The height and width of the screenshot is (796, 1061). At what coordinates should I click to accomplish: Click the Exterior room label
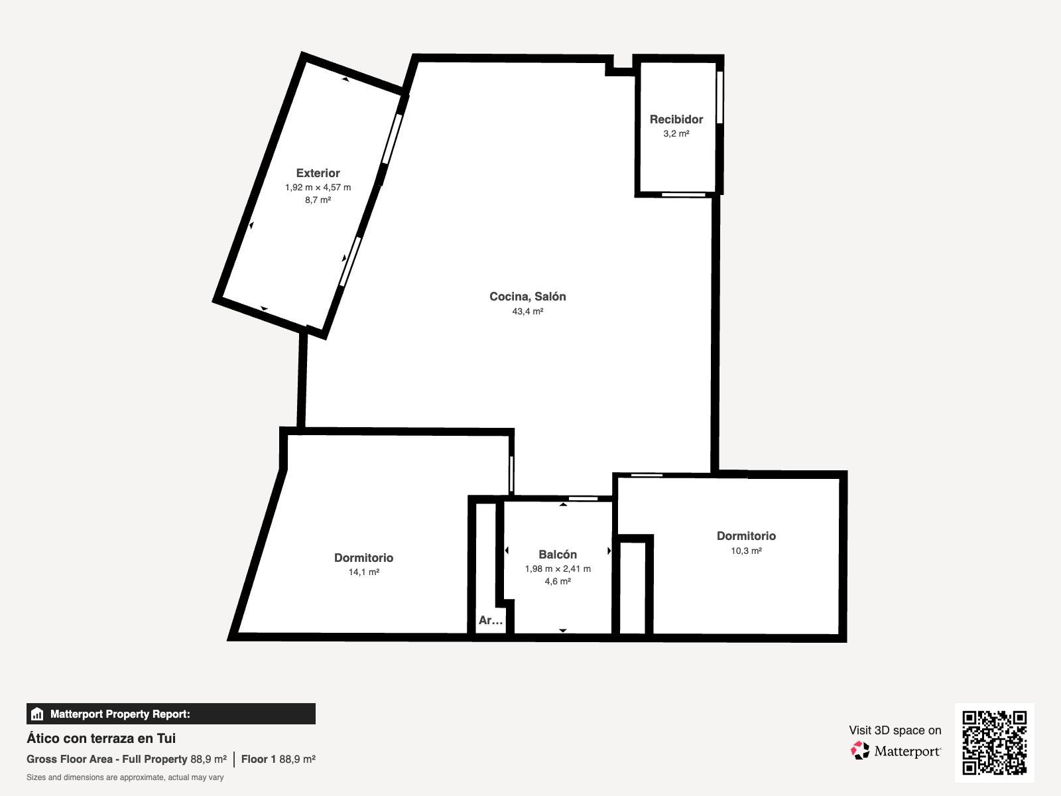click(318, 173)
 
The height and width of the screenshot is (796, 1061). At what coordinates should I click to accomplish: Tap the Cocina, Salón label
click(527, 297)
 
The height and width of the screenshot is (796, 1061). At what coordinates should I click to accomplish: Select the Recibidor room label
click(676, 119)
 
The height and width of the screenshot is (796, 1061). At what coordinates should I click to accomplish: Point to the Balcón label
click(557, 555)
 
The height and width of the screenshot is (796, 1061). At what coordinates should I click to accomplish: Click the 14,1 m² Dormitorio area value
click(363, 572)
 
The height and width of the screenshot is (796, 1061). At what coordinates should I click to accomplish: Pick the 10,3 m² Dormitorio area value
click(746, 551)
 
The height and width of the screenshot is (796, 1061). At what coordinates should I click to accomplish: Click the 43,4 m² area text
click(527, 311)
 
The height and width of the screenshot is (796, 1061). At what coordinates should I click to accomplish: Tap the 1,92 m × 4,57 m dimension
click(318, 188)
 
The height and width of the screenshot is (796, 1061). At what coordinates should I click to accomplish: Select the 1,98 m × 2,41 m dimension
click(557, 569)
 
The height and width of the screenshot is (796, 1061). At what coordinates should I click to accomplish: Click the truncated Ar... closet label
click(490, 620)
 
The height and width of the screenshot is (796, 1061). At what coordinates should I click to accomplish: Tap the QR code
click(994, 742)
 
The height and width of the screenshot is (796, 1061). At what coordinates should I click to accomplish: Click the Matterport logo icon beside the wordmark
click(859, 751)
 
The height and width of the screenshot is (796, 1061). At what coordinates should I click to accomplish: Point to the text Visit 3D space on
click(895, 730)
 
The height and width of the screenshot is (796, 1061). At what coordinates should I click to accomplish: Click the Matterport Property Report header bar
click(170, 714)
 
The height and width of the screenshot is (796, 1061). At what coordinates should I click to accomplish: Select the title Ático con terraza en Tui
click(101, 738)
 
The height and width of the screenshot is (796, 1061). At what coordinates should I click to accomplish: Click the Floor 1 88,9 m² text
click(278, 760)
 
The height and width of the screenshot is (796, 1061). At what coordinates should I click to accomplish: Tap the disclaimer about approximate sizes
click(125, 777)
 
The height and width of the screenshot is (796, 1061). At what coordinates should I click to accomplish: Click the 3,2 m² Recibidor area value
click(676, 133)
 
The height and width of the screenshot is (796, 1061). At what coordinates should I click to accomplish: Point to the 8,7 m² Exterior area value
click(318, 200)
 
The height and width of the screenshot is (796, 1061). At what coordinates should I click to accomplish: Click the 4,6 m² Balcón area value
click(557, 582)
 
